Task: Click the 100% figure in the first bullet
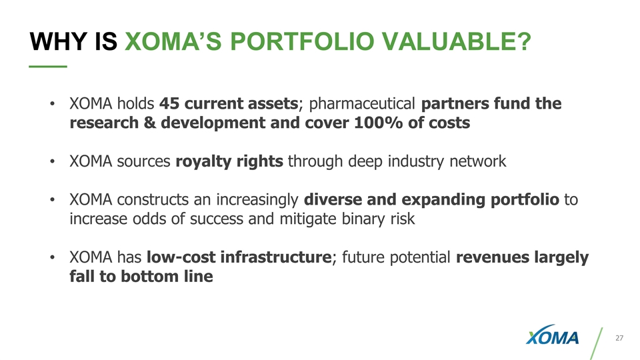pos(386,123)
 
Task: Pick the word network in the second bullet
pos(478,162)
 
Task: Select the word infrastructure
pos(276,257)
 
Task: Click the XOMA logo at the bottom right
pos(553,339)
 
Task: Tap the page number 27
pos(619,339)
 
